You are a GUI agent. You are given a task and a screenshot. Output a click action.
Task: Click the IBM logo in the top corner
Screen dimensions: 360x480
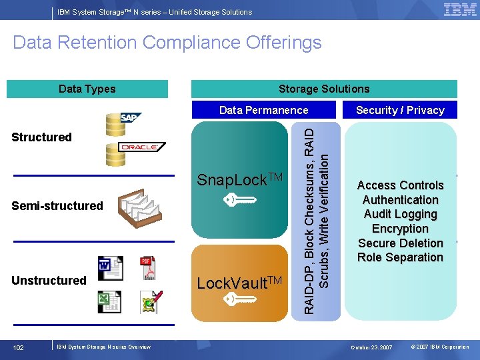460,10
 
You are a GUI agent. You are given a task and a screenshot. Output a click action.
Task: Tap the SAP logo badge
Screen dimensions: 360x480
131,118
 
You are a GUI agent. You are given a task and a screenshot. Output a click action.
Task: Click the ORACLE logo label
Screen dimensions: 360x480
139,147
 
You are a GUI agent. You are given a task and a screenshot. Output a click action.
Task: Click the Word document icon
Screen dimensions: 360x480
110,268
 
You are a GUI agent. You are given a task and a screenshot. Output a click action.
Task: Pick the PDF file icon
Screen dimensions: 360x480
147,268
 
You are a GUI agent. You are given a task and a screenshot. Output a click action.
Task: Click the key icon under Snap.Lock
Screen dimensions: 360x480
239,199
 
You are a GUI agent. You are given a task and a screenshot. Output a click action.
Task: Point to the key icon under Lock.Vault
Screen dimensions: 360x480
239,300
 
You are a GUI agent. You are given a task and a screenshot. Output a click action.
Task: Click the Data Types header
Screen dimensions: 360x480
87,89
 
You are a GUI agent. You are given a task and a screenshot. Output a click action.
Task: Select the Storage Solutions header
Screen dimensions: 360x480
324,89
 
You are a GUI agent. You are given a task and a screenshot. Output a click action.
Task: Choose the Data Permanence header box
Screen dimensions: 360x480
264,110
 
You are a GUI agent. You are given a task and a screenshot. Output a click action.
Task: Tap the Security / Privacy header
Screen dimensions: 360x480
400,110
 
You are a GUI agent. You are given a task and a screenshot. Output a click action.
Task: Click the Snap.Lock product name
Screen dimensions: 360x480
240,180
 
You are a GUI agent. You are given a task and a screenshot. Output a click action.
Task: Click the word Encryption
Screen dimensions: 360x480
400,229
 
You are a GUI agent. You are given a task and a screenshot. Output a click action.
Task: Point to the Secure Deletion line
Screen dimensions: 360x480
400,243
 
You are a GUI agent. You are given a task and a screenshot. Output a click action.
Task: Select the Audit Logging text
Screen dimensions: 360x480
400,214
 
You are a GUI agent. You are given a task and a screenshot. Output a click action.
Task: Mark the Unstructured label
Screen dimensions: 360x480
49,281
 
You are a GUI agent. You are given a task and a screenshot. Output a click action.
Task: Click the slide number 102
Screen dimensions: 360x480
19,347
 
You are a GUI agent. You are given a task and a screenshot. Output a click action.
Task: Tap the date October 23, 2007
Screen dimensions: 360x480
372,347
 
